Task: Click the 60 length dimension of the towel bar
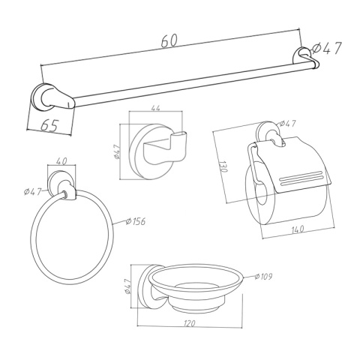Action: (x=169, y=40)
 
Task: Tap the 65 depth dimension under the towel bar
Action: (x=49, y=124)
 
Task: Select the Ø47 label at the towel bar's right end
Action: (x=327, y=48)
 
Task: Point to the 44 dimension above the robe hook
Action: (x=155, y=108)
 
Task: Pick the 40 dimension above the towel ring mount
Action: (x=61, y=161)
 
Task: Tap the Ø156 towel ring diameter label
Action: (x=136, y=221)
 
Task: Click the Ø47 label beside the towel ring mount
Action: (x=32, y=192)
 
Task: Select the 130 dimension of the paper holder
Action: (x=223, y=166)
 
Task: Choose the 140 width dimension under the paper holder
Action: (x=297, y=229)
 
